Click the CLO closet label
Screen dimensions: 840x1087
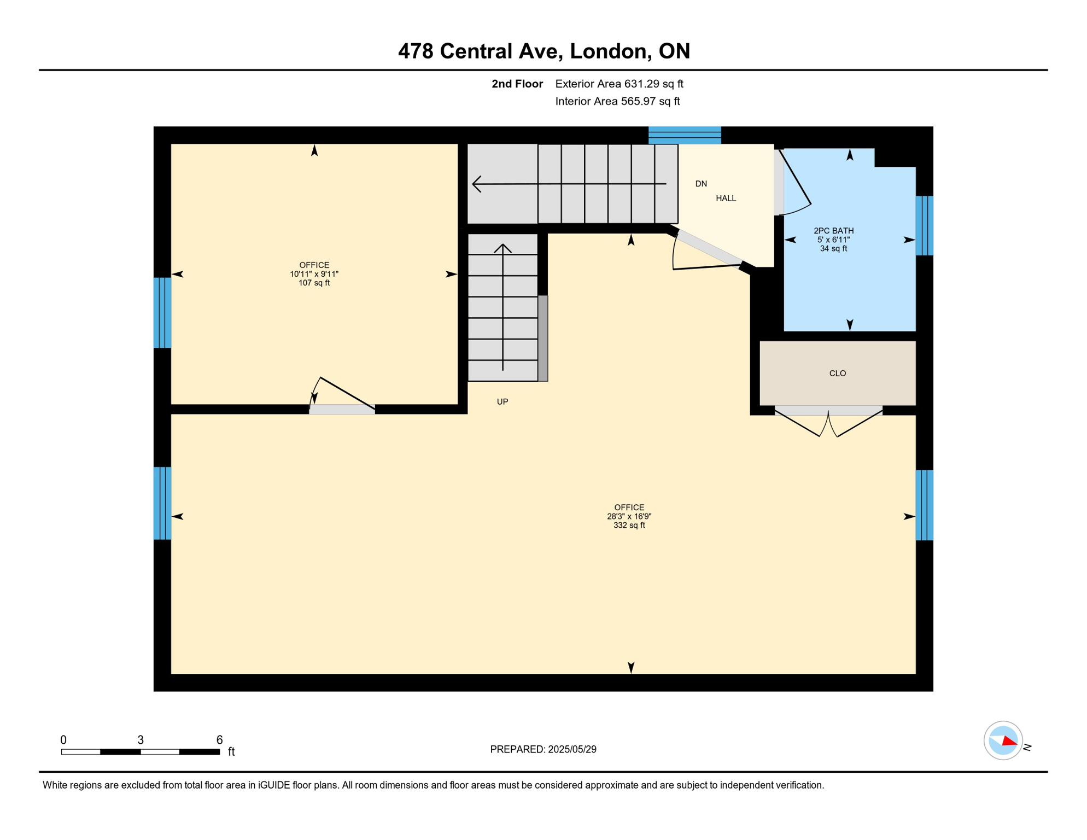(837, 374)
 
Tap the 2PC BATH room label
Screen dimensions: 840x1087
(833, 231)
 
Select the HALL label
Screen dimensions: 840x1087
(726, 199)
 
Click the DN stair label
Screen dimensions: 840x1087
(701, 184)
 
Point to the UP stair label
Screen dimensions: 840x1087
(502, 402)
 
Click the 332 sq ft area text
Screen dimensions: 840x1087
(629, 526)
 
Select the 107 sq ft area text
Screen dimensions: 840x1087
(314, 283)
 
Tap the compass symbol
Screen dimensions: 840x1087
(1003, 740)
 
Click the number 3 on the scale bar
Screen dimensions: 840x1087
(141, 740)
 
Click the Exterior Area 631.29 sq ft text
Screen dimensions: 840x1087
(619, 84)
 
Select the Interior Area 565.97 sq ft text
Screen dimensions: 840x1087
(617, 101)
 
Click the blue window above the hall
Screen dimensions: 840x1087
(685, 135)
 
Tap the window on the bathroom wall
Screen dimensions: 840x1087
(924, 226)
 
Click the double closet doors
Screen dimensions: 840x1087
(828, 422)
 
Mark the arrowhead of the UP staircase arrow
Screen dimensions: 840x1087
(502, 248)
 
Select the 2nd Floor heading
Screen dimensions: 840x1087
(517, 84)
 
